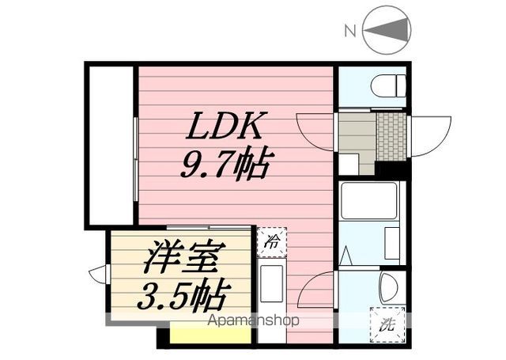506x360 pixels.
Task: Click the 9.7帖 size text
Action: [x=227, y=165]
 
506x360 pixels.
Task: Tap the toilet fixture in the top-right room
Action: [x=387, y=84]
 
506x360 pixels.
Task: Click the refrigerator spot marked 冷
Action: [x=271, y=242]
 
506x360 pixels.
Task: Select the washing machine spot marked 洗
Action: [x=387, y=324]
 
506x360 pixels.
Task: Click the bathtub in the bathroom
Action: [x=369, y=201]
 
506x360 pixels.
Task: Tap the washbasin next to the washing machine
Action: [x=389, y=287]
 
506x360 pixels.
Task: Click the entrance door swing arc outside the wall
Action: [x=431, y=132]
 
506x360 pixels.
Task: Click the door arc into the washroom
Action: [x=318, y=290]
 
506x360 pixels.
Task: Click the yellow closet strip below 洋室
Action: [x=210, y=335]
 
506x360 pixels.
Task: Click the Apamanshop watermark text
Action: [x=253, y=321]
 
